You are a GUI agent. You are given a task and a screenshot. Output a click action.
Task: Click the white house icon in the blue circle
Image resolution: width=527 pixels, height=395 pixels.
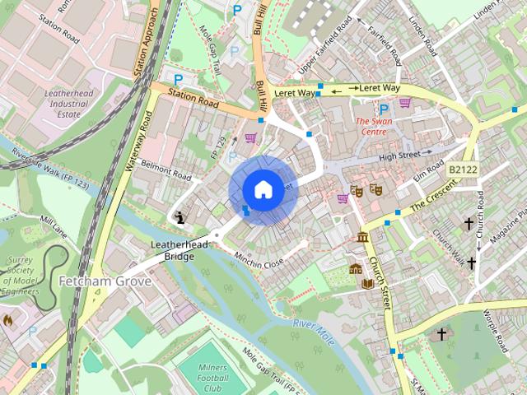tap(262, 190)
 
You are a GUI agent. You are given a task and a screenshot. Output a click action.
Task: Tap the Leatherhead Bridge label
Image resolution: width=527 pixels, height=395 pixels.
tap(173, 251)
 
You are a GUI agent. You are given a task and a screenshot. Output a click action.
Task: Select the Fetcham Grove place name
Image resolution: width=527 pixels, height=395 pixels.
tap(105, 281)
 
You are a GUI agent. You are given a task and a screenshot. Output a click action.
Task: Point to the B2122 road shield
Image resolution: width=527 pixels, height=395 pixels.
tap(464, 169)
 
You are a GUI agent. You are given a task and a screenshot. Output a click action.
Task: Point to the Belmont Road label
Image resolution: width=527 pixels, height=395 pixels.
tap(166, 170)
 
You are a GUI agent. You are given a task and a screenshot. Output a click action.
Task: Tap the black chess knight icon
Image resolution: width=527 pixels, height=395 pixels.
tap(180, 217)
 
